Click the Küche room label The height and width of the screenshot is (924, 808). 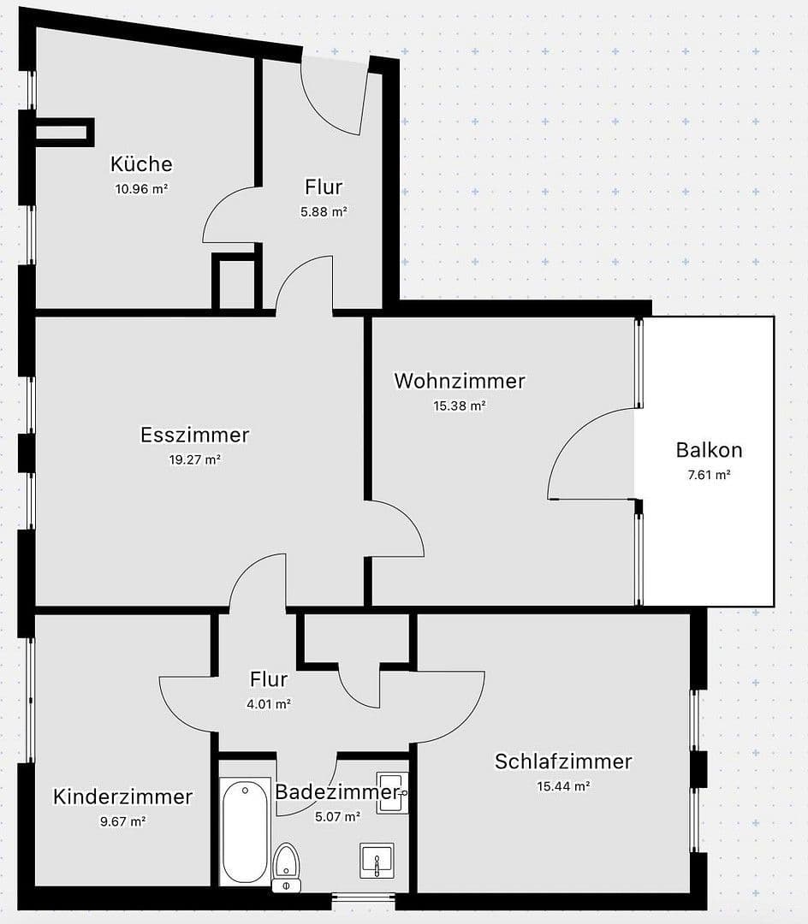(141, 163)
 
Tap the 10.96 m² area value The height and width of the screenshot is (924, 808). (141, 189)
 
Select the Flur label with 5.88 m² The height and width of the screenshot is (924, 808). (324, 187)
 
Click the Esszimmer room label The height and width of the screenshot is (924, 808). (195, 435)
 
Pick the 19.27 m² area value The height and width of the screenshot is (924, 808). (195, 459)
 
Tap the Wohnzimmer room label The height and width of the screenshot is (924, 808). (459, 381)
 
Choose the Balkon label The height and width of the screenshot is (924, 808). (709, 449)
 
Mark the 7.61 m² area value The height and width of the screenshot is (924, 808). (709, 474)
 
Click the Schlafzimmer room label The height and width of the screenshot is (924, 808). (563, 761)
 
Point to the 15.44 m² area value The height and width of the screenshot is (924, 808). (563, 786)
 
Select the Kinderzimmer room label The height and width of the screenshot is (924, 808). (122, 797)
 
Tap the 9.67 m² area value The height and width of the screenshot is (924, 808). (122, 821)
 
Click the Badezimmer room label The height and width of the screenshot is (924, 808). (337, 791)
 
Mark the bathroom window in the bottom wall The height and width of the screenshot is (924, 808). (363, 897)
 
